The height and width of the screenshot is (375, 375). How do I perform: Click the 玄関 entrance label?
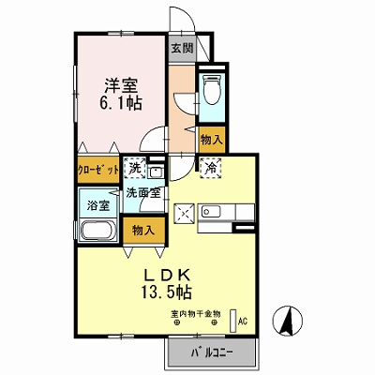tap(183, 49)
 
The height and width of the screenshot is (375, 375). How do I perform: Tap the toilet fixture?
tap(212, 89)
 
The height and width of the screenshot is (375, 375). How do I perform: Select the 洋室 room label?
tap(121, 84)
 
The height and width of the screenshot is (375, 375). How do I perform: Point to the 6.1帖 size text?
tap(121, 103)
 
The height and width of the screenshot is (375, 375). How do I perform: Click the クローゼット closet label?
tap(98, 170)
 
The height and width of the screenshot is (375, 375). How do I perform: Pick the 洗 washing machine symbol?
tap(135, 169)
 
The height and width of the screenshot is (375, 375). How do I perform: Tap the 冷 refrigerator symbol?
tap(210, 169)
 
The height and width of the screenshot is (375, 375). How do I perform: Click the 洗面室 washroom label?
tap(143, 193)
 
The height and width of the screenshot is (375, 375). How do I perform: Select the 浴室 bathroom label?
tap(98, 205)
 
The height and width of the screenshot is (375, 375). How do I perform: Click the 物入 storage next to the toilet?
tap(212, 140)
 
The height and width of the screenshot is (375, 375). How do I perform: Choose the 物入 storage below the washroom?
tap(143, 231)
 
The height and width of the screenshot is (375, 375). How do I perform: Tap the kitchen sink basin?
tap(211, 212)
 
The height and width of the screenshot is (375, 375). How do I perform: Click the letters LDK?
tap(167, 275)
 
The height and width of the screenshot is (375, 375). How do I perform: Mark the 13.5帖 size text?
tap(167, 292)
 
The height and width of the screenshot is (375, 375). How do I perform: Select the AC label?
tap(243, 322)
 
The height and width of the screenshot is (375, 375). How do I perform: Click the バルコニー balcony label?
tap(212, 353)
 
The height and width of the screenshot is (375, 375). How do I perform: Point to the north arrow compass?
tap(288, 321)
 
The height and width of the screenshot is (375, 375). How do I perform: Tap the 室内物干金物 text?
tap(196, 313)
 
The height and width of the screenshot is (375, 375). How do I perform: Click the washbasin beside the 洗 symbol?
tap(155, 172)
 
